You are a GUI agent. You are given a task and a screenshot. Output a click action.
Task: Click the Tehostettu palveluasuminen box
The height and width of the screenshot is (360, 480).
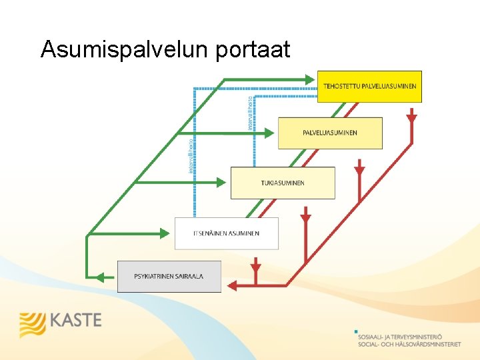click(369, 86)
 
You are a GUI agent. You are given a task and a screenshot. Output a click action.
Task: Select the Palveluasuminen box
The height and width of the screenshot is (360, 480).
click(330, 133)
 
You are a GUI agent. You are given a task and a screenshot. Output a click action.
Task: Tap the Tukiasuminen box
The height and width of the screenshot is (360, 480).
click(283, 183)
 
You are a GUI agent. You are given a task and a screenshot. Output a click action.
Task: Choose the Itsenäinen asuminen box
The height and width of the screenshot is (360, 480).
click(227, 233)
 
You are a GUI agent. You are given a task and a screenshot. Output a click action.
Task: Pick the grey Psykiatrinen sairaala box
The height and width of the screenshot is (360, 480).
click(169, 276)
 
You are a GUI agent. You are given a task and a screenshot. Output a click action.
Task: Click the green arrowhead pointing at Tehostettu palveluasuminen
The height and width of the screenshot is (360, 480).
click(312, 79)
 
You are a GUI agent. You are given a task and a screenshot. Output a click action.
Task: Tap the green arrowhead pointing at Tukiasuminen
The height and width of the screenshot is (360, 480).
click(225, 182)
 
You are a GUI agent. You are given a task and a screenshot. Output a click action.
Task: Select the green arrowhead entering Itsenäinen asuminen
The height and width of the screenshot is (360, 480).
click(169, 233)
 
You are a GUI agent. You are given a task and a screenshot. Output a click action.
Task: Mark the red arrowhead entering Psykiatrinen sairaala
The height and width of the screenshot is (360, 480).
click(231, 285)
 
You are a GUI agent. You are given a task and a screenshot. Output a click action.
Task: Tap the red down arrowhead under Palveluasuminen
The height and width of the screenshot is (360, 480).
click(360, 169)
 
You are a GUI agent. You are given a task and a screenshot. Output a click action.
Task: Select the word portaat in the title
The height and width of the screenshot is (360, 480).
click(253, 49)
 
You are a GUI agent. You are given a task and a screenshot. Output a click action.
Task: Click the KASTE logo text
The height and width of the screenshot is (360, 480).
click(75, 321)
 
